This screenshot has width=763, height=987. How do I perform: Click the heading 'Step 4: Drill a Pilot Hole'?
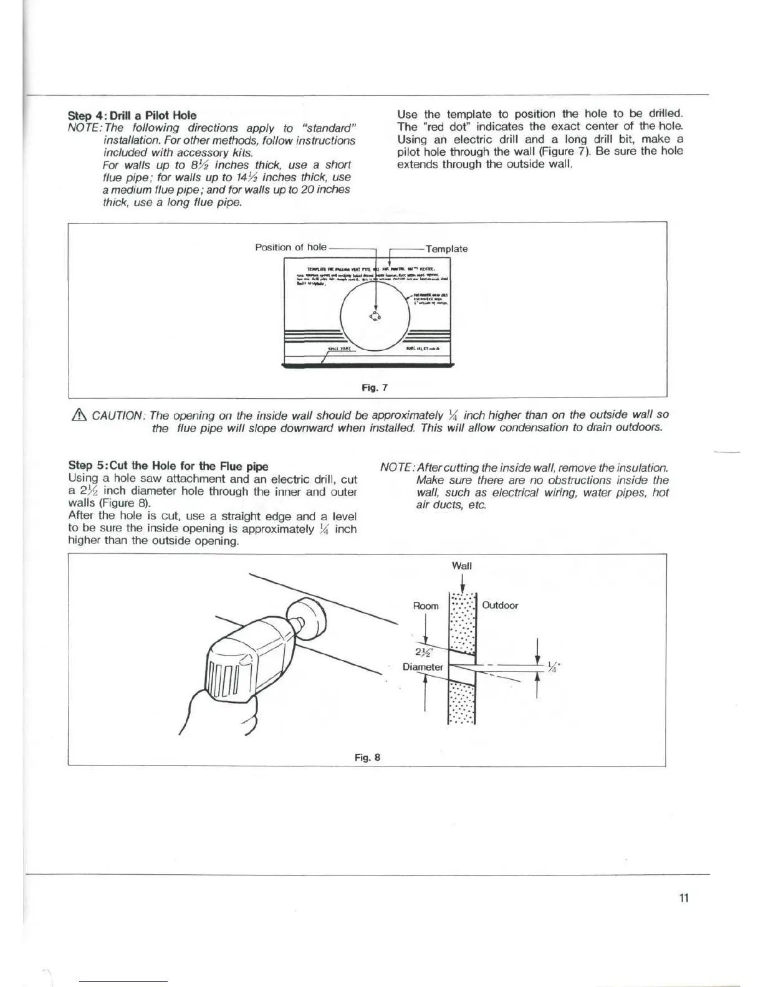coord(132,115)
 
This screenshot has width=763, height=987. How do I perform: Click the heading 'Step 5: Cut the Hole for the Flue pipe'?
coord(168,465)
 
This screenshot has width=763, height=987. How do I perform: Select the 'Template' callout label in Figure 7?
coord(446,249)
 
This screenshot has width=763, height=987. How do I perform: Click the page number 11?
coord(684,898)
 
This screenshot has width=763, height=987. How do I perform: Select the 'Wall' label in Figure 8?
coord(461,566)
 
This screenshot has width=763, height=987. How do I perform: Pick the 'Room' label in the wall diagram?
coord(426,606)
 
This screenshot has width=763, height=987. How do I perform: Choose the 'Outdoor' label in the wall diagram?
coord(500,605)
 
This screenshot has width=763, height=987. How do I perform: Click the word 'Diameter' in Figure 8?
coord(423,667)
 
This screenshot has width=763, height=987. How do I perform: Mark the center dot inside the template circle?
coord(375,316)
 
